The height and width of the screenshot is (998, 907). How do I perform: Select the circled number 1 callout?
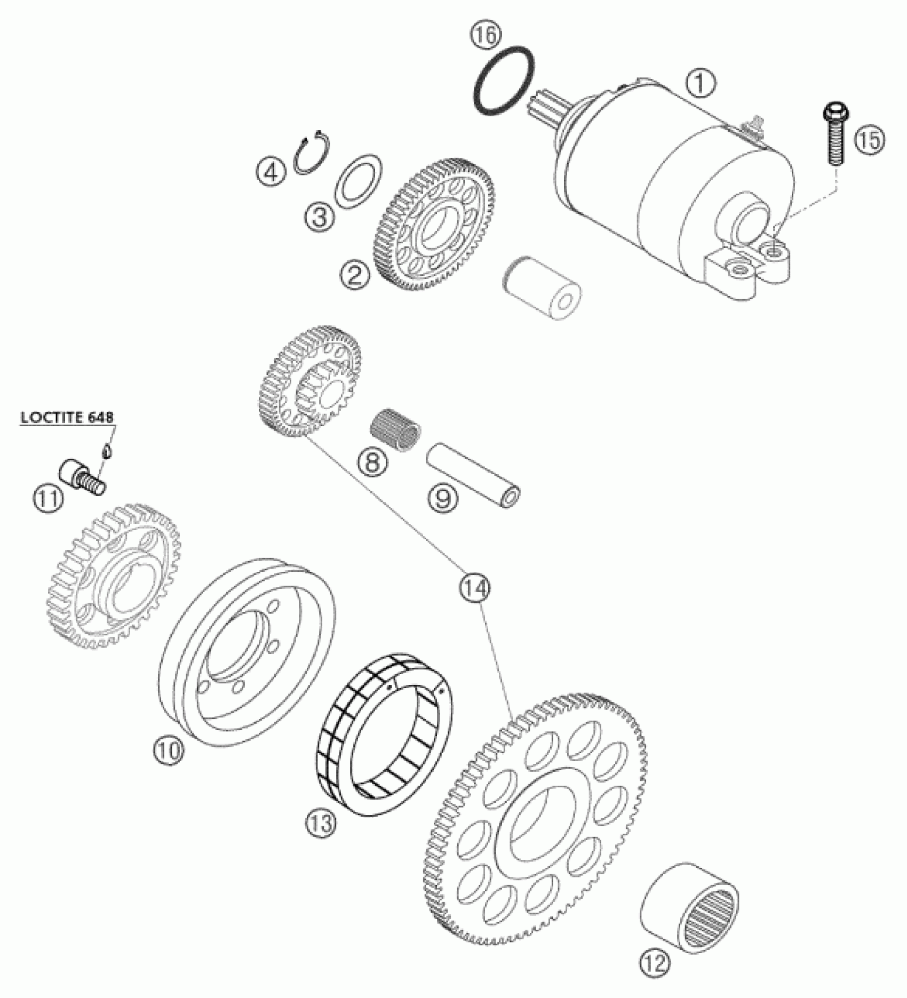(701, 84)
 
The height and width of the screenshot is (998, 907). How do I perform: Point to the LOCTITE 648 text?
(67, 418)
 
